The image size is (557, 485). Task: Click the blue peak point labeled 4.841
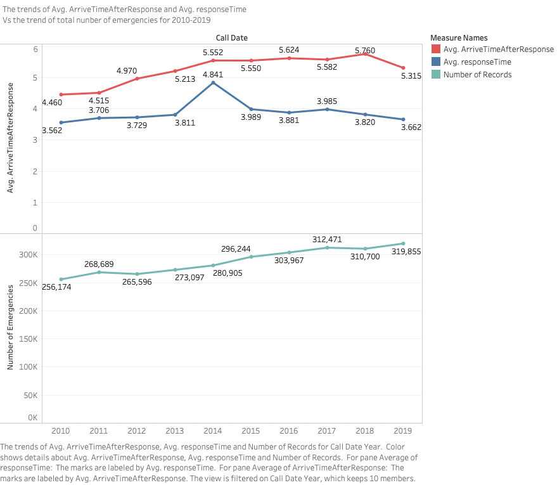[x=213, y=82]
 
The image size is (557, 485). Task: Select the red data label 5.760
[x=365, y=50]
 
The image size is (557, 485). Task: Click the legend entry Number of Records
[x=477, y=75]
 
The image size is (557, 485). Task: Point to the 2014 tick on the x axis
[x=213, y=430]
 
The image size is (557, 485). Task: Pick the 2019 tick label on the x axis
[x=404, y=430]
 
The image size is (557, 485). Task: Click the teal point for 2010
[x=61, y=279]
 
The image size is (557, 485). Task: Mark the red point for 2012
[x=137, y=79]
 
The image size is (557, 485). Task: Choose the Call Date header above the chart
[x=231, y=38]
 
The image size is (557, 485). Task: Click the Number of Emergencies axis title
[x=10, y=328]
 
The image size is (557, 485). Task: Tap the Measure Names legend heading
[x=458, y=37]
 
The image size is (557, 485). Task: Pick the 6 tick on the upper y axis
[x=35, y=49]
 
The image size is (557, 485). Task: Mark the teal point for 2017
[x=327, y=247]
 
